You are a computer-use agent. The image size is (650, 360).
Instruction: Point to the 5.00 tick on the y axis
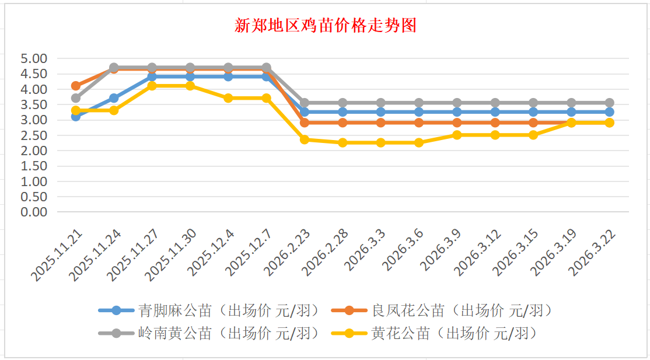tap(33, 58)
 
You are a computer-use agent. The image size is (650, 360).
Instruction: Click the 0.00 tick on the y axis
tap(33, 212)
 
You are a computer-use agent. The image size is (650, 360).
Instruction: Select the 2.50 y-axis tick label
tap(33, 135)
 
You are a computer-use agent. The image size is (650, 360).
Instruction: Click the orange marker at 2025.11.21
tap(76, 86)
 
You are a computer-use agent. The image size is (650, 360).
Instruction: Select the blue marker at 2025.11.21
tap(76, 116)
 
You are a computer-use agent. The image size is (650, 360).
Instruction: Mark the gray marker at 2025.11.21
tap(76, 98)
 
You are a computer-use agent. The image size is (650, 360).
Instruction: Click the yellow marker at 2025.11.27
tap(152, 86)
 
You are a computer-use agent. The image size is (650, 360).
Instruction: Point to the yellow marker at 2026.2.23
tap(305, 139)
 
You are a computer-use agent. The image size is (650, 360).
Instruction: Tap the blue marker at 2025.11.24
tap(114, 98)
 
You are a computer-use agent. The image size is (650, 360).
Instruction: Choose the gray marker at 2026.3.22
tap(609, 103)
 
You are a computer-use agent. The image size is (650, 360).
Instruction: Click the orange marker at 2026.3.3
tap(380, 123)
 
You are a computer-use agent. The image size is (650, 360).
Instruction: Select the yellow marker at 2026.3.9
tap(457, 135)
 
